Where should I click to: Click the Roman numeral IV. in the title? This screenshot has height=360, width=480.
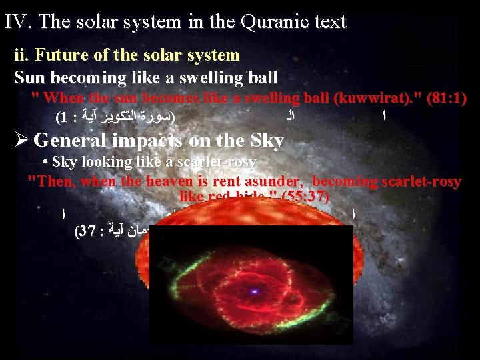(x=19, y=21)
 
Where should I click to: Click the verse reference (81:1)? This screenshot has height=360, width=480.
(x=448, y=98)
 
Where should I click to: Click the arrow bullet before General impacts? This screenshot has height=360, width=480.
(x=21, y=141)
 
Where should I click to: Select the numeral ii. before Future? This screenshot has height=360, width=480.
(x=22, y=55)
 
